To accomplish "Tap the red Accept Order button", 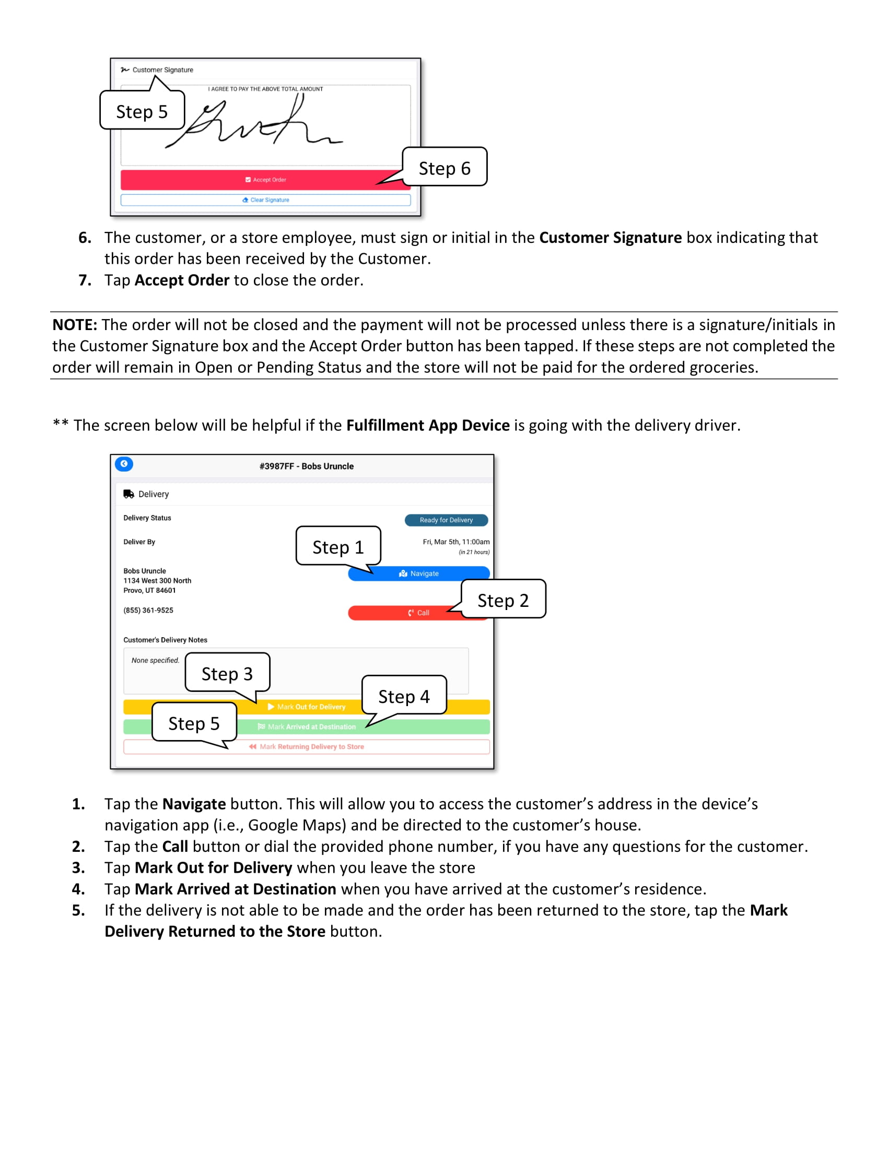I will tap(265, 180).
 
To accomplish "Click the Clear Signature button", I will tap(265, 200).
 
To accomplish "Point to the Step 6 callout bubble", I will tap(445, 168).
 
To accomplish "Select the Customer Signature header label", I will tap(162, 70).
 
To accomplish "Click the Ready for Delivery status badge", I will tap(446, 520).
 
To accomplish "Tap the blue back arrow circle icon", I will tap(124, 464).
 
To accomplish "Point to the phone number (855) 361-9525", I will tap(148, 610).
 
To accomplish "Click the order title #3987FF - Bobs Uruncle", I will tap(306, 466).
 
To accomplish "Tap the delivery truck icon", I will tap(128, 494).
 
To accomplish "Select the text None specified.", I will tap(155, 661).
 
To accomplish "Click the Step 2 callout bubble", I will tap(503, 600).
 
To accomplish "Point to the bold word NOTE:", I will tap(75, 325).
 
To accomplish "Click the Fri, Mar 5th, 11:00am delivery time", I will tap(455, 542).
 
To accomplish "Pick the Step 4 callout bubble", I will tap(404, 697).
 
